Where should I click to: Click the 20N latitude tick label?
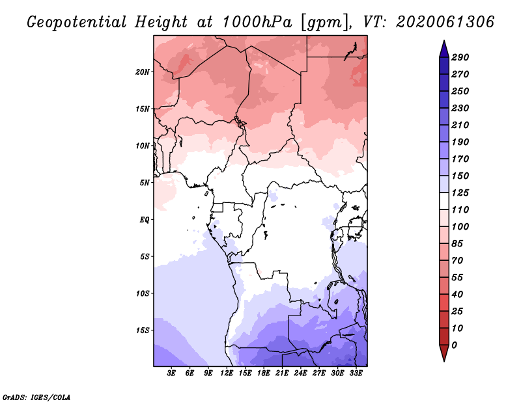(x=143, y=72)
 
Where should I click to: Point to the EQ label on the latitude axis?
(x=145, y=220)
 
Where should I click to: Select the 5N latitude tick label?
(x=145, y=183)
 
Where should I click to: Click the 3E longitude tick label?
(x=171, y=373)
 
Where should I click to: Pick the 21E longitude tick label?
(x=282, y=373)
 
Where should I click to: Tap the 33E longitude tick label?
(x=356, y=373)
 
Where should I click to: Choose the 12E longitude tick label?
(x=227, y=373)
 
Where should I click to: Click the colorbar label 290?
(x=460, y=57)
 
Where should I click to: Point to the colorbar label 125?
(x=460, y=193)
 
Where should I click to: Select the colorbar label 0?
(x=454, y=345)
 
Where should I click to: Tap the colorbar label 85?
(x=457, y=244)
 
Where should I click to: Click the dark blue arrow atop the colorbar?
(x=444, y=49)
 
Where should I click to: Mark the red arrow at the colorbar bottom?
(x=444, y=353)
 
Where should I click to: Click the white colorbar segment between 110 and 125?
(x=444, y=201)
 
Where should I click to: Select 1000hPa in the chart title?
(x=257, y=22)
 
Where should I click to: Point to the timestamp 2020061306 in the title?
(x=445, y=22)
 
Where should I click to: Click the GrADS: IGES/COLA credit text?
(x=36, y=397)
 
